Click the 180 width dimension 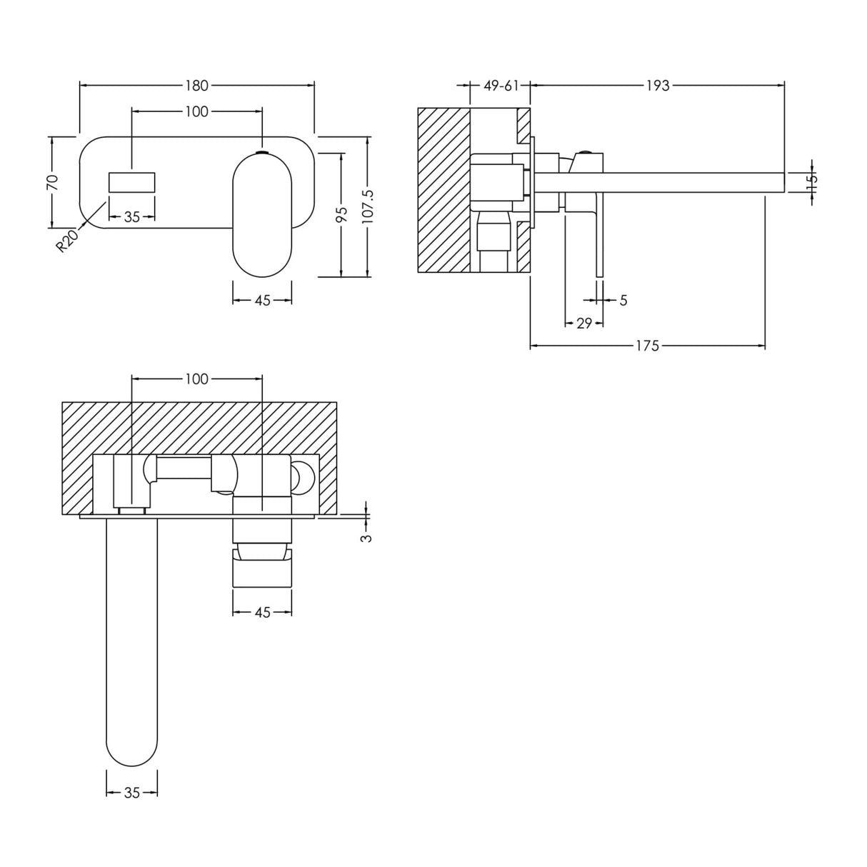(x=196, y=86)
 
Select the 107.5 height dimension (x=367, y=207)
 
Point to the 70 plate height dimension (x=52, y=181)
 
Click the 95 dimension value (x=341, y=215)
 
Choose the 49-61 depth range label (x=501, y=86)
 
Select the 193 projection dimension (x=657, y=86)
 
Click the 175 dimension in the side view (x=647, y=346)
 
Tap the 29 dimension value (x=584, y=324)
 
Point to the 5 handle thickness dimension (x=623, y=301)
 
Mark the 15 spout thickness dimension (x=811, y=182)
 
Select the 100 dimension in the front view (x=196, y=111)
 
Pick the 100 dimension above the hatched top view (x=196, y=379)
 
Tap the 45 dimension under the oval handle (x=262, y=301)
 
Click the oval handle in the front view (x=262, y=214)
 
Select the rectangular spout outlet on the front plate (x=132, y=181)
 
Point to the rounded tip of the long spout (x=132, y=750)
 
